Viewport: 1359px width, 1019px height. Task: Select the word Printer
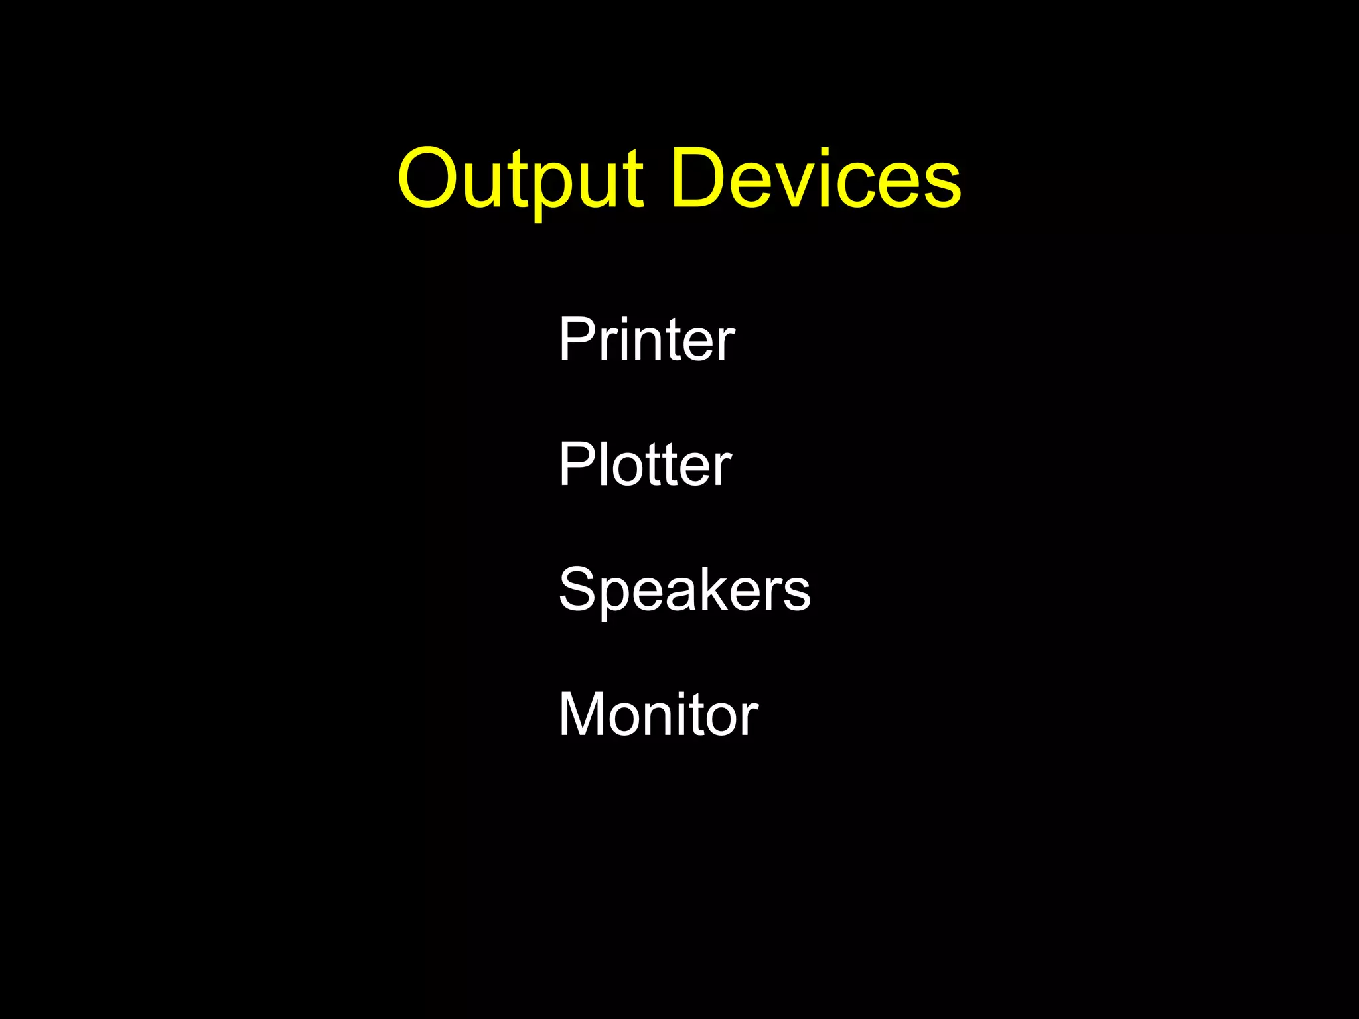[646, 339]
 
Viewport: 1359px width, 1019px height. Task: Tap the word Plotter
[644, 464]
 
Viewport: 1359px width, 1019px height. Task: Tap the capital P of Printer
[577, 339]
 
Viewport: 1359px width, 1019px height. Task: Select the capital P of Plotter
[577, 464]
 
